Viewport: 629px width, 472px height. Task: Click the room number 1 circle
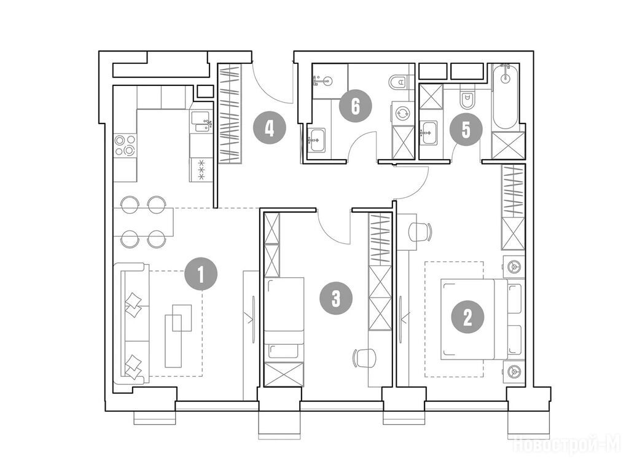[201, 275]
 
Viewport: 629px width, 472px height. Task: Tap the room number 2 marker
[467, 318]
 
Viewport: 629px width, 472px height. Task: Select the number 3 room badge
[336, 298]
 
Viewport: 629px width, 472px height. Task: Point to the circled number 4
[270, 129]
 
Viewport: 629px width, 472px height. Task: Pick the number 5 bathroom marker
[466, 129]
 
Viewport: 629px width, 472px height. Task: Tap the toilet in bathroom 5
[467, 99]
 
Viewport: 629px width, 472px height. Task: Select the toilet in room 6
[398, 82]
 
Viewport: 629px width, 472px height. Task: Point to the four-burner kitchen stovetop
[125, 145]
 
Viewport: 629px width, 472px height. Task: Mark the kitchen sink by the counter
[201, 122]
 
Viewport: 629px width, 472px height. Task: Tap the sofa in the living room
[131, 323]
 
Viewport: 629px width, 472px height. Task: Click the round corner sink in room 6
[324, 82]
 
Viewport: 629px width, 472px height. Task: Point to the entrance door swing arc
[269, 85]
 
